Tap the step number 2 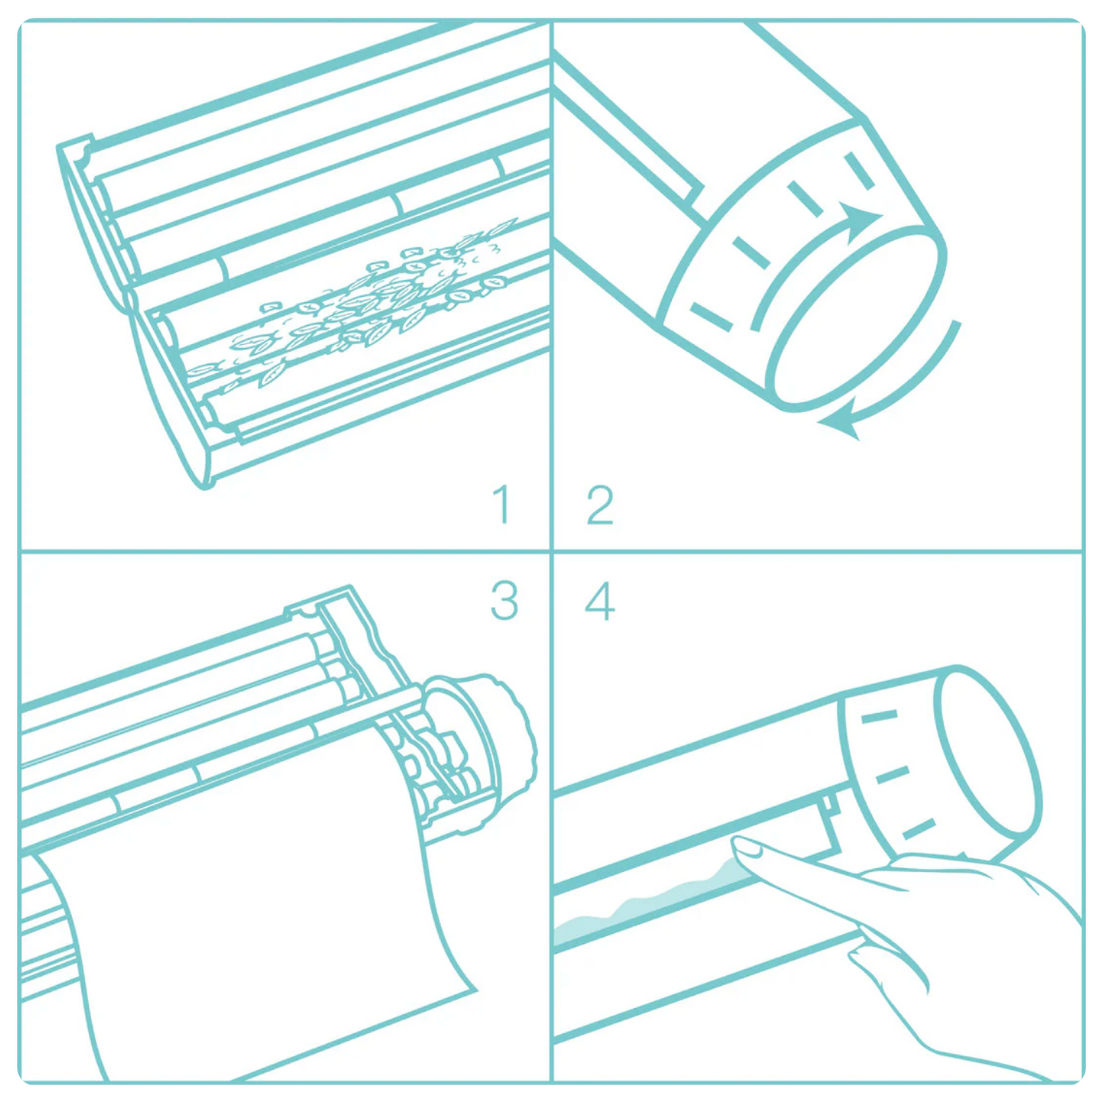(x=600, y=505)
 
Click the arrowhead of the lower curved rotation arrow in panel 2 (x=840, y=424)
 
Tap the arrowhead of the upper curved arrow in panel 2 (x=862, y=219)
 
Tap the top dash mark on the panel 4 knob (x=879, y=716)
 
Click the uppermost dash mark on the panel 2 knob (x=860, y=171)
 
